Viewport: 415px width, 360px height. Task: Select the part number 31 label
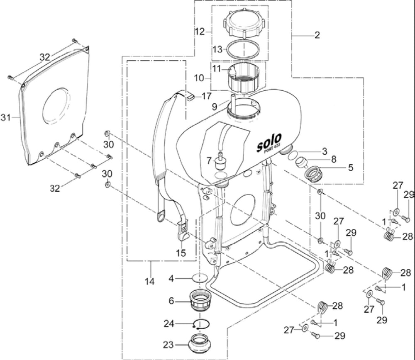5,118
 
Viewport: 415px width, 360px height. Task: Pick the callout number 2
317,35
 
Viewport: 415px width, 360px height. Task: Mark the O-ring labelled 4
200,278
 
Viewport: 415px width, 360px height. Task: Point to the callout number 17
207,96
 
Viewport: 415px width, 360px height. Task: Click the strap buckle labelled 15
183,231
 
